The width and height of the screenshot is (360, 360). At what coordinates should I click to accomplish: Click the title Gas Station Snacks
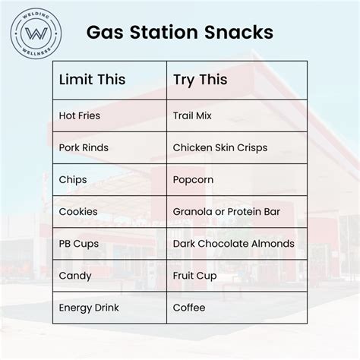pos(179,34)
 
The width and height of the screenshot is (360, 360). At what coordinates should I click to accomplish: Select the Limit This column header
pos(92,80)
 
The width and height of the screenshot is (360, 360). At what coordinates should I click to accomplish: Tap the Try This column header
pos(200,80)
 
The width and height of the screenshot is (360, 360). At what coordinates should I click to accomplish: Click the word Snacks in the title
pos(242,34)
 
